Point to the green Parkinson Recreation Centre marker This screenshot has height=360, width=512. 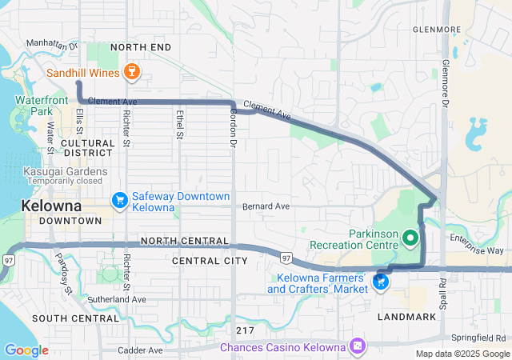(410, 237)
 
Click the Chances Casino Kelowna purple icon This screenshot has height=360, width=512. (357, 346)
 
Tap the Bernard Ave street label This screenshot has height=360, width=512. (266, 206)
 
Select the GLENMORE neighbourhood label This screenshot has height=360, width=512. (437, 30)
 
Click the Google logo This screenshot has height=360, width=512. (26, 350)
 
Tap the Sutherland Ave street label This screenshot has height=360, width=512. (116, 299)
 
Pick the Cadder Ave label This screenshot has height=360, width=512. (140, 350)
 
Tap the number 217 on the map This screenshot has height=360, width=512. (246, 330)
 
